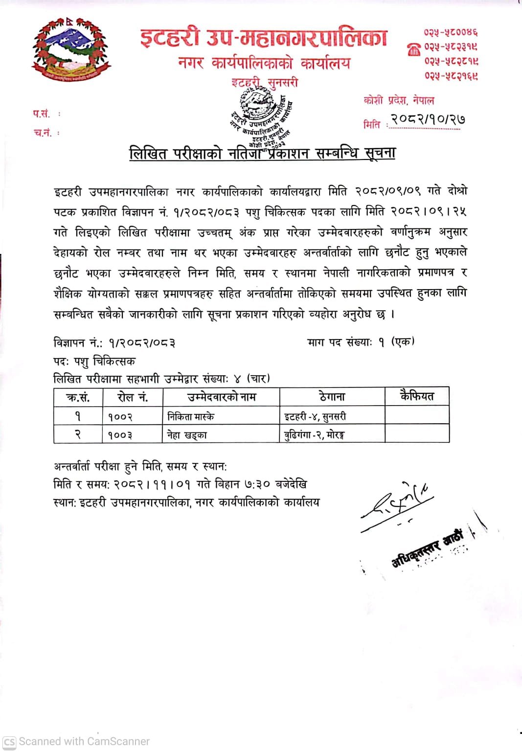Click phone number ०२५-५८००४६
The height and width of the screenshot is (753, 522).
pyautogui.click(x=451, y=32)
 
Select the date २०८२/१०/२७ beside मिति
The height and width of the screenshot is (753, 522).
pyautogui.click(x=427, y=119)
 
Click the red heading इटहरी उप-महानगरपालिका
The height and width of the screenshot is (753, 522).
pyautogui.click(x=264, y=37)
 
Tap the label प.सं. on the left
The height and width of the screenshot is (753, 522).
pyautogui.click(x=42, y=114)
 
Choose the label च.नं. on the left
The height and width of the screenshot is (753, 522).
pyautogui.click(x=43, y=133)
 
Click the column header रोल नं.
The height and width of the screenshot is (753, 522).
pyautogui.click(x=133, y=397)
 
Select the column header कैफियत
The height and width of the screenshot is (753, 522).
pyautogui.click(x=417, y=396)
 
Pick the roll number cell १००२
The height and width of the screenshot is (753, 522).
pyautogui.click(x=120, y=416)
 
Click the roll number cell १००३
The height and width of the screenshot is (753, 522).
pyautogui.click(x=120, y=434)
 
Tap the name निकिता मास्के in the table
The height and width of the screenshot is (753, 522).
pyautogui.click(x=191, y=416)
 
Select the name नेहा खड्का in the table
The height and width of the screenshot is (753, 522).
pyautogui.click(x=187, y=434)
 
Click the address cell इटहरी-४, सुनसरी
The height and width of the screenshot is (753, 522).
pyautogui.click(x=315, y=416)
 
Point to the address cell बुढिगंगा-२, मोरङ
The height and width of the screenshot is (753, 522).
pyautogui.click(x=314, y=434)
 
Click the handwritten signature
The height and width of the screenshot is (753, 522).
pyautogui.click(x=397, y=504)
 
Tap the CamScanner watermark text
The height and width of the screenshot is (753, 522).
pyautogui.click(x=84, y=741)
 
